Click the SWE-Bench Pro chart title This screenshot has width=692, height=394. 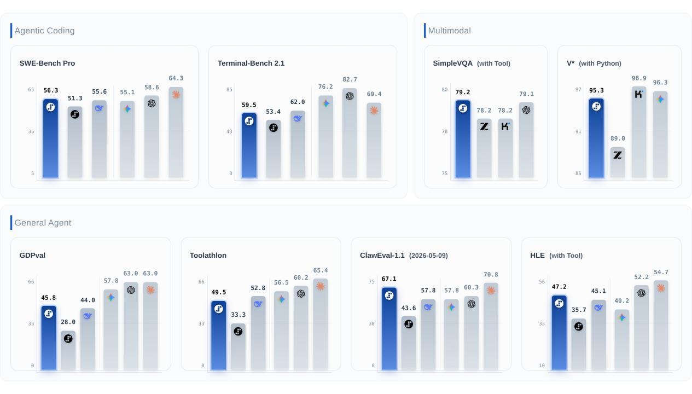point(47,63)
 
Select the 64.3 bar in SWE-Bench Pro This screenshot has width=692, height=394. point(176,132)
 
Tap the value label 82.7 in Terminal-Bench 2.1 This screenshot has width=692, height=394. point(350,79)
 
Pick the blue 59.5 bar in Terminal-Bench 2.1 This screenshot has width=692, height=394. point(249,146)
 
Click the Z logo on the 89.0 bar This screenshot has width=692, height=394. point(618,155)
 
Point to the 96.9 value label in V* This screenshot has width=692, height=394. point(639,78)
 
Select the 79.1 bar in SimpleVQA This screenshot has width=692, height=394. point(526,140)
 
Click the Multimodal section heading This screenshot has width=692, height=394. point(450,31)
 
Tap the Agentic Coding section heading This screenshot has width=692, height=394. point(44,31)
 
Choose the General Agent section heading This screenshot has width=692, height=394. point(43,223)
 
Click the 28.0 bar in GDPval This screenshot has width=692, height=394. point(68,350)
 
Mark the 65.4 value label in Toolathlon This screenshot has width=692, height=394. point(321,270)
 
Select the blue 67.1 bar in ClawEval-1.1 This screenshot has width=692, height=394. point(389,329)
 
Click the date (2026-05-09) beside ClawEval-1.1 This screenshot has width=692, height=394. point(428,256)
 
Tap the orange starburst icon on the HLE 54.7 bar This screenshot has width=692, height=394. point(661,288)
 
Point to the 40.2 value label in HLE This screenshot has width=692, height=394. point(622,300)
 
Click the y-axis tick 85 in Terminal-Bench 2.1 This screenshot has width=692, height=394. point(229,90)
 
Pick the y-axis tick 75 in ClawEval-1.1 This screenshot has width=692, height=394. point(371,282)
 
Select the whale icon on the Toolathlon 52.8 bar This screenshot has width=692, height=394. point(258,304)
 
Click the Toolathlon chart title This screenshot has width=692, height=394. point(208,256)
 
